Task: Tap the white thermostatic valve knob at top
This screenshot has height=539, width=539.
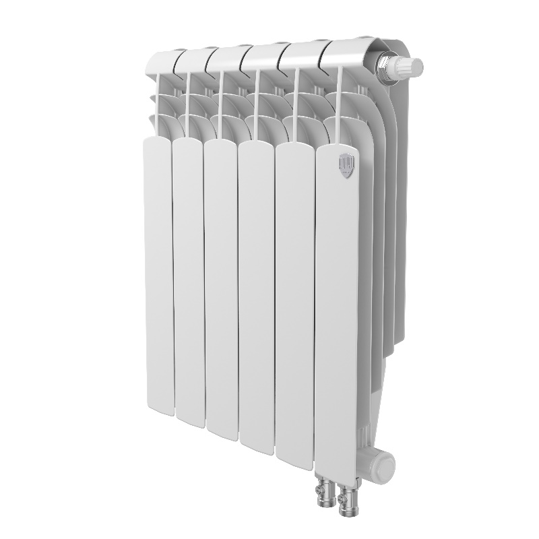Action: tap(407, 66)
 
